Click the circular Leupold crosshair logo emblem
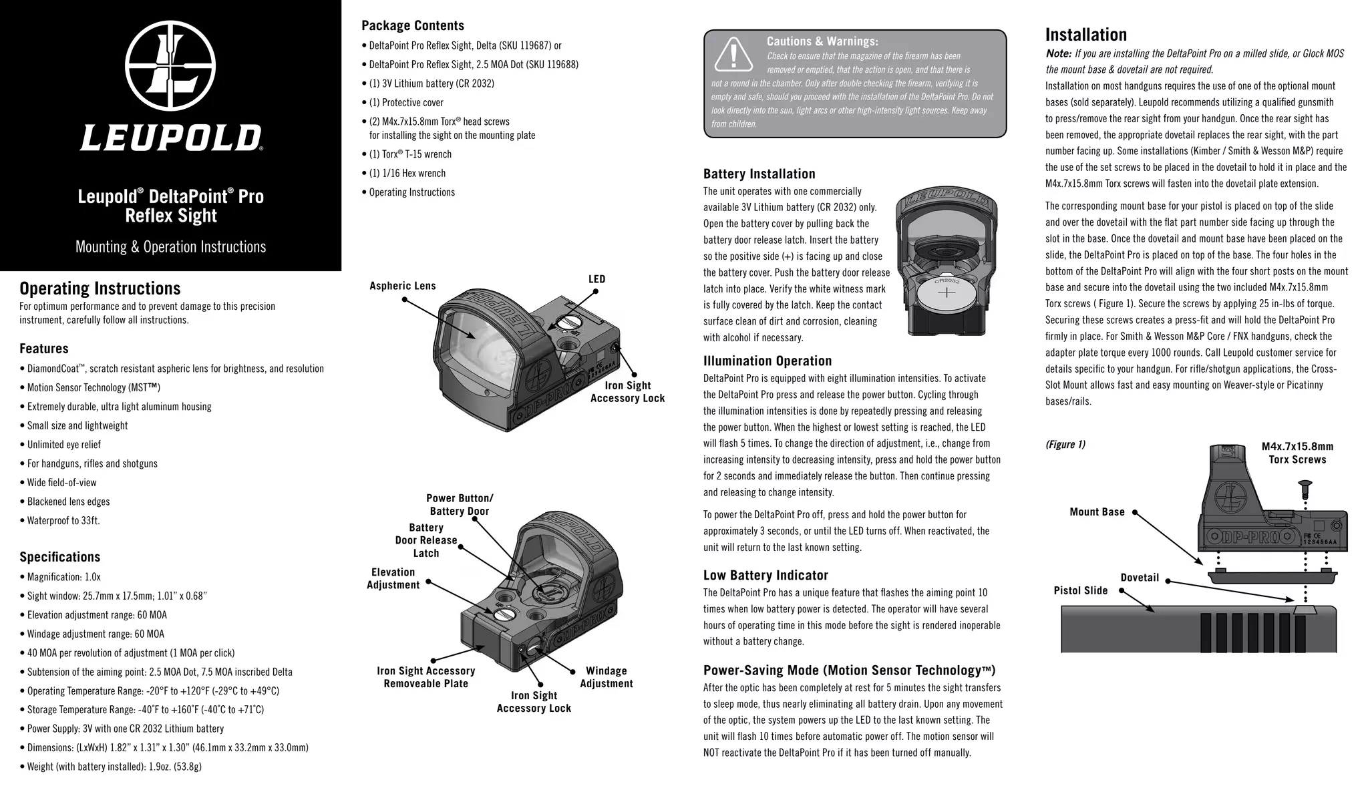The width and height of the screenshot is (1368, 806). [x=170, y=67]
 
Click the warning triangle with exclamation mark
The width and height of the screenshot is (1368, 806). [x=733, y=55]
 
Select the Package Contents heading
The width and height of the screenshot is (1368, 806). [x=412, y=25]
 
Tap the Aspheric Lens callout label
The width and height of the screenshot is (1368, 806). [x=402, y=286]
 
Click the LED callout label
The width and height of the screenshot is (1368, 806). [x=596, y=279]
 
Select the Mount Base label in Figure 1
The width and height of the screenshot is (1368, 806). [x=1097, y=512]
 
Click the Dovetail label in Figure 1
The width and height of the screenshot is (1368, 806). [x=1139, y=578]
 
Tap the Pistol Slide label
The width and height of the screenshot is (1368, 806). [x=1080, y=590]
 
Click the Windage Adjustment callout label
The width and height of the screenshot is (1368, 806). [x=606, y=677]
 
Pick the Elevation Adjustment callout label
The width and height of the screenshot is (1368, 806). [x=393, y=578]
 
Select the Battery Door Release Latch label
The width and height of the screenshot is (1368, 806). [x=426, y=540]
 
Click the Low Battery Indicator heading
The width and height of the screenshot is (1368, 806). [x=765, y=575]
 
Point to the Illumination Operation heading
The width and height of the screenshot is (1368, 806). [x=767, y=361]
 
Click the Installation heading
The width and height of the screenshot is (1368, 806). [x=1085, y=35]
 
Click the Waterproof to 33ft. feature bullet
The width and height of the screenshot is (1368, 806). [x=63, y=521]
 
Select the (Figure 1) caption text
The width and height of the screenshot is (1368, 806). [x=1065, y=445]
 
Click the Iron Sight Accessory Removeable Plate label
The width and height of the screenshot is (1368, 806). [x=425, y=677]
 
